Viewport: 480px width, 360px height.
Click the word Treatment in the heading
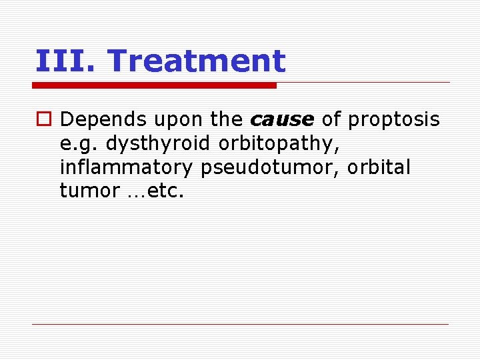point(196,61)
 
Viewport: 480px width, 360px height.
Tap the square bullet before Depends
point(43,120)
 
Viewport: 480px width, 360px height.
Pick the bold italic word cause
point(281,120)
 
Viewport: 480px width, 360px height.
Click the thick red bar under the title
point(154,85)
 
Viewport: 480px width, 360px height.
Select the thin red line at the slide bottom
point(240,325)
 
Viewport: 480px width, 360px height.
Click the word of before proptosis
point(331,120)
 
